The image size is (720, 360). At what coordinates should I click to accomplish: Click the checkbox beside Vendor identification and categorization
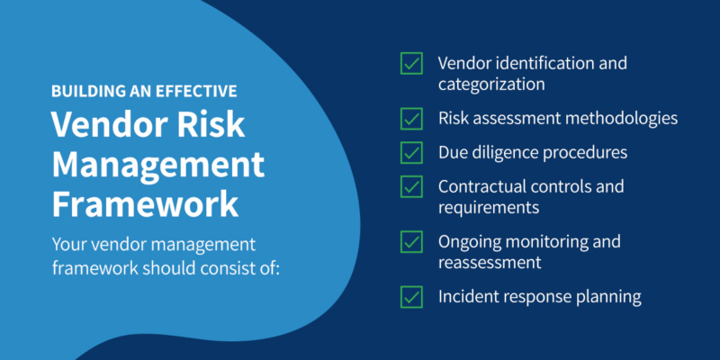point(411,65)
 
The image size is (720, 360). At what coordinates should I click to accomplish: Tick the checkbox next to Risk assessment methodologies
point(411,119)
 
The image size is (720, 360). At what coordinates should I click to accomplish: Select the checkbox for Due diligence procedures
point(411,153)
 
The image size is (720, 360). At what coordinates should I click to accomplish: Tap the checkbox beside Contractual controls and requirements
point(411,186)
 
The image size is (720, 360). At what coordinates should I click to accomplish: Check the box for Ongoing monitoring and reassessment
point(411,242)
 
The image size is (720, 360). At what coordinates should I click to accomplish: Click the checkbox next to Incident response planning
point(411,296)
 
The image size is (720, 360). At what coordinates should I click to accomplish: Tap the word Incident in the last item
point(467,296)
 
